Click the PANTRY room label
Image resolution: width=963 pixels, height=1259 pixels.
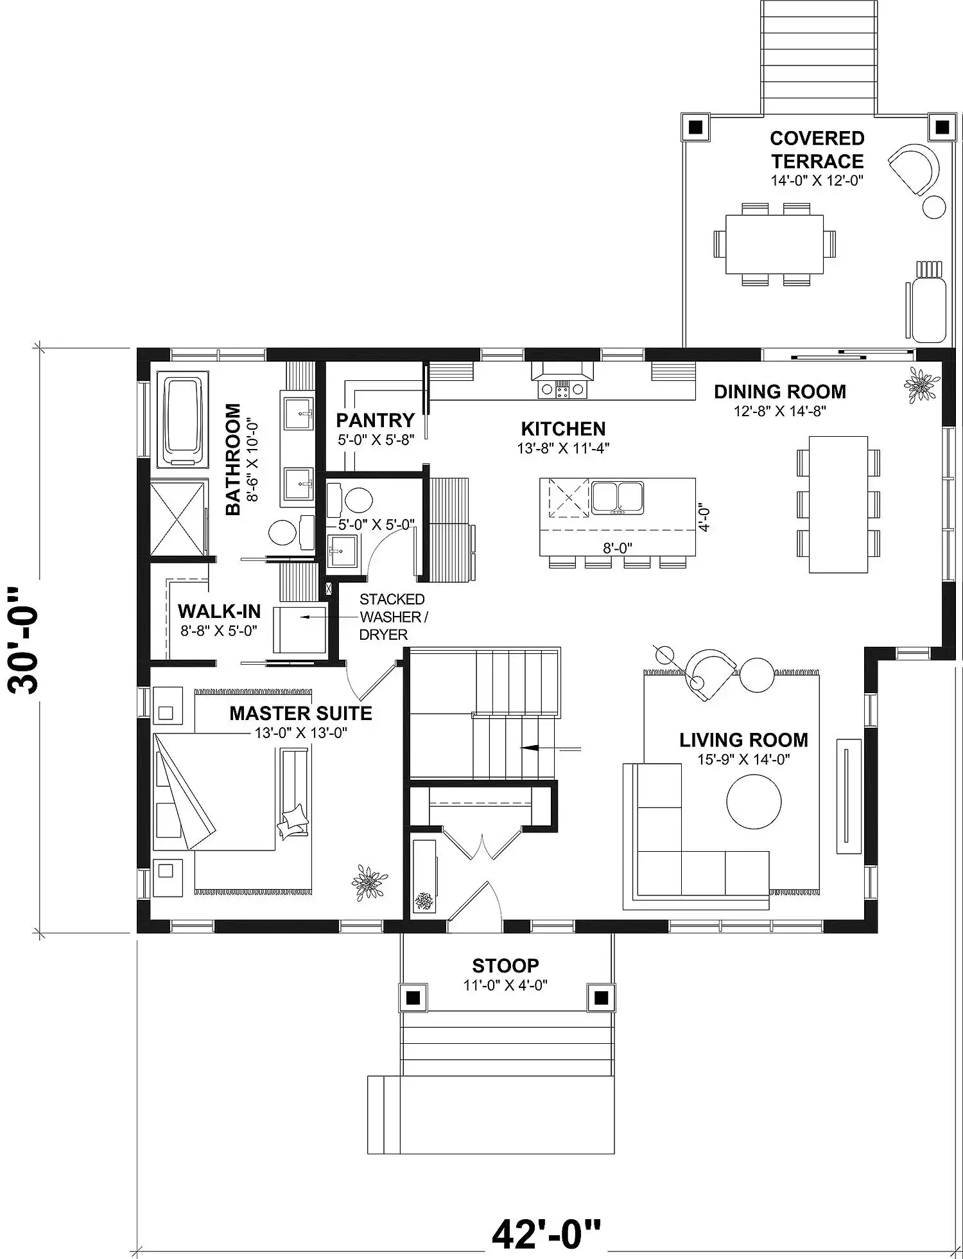click(376, 421)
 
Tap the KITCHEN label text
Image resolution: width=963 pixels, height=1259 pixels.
click(563, 429)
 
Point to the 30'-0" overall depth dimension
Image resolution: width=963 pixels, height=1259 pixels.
click(25, 639)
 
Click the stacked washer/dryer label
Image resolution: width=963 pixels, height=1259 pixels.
click(393, 617)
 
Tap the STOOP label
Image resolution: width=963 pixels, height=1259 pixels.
click(506, 965)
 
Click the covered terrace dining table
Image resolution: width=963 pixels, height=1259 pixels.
click(775, 244)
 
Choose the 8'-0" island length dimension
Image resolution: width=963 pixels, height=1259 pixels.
click(617, 547)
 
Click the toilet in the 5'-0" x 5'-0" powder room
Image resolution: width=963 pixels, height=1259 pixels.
click(351, 500)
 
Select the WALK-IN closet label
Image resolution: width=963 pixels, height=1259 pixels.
click(219, 611)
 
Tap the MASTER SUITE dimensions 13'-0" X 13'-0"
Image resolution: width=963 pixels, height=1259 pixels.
click(301, 732)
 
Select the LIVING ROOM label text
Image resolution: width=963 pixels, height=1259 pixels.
click(743, 740)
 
